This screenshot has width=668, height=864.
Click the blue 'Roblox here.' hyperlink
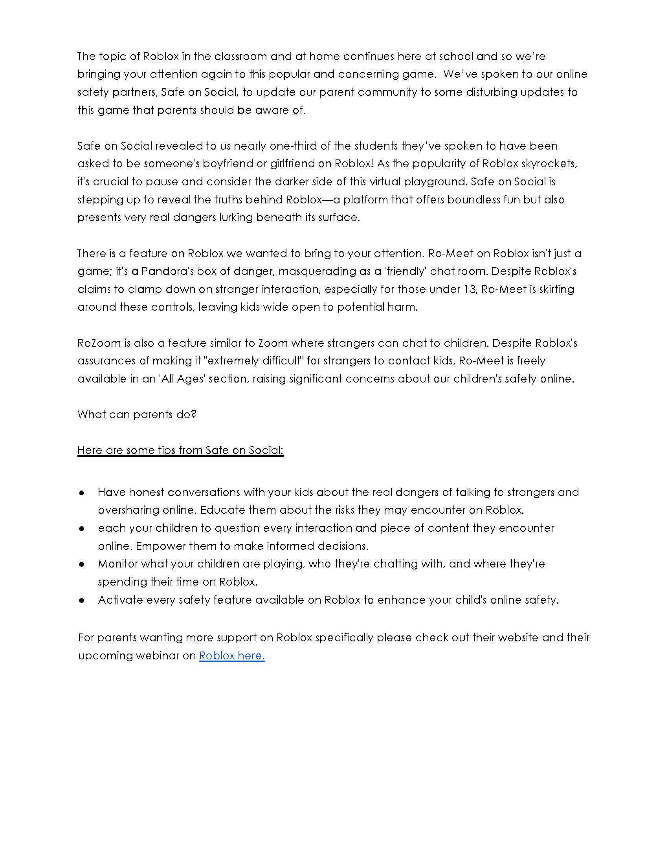[231, 655]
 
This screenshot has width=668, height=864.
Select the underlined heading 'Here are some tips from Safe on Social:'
[180, 450]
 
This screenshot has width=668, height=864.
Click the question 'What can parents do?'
[137, 415]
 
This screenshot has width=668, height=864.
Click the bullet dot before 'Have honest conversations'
[82, 493]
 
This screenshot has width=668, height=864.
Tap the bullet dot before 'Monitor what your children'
[82, 564]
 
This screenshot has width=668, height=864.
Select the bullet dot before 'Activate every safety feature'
[82, 600]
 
